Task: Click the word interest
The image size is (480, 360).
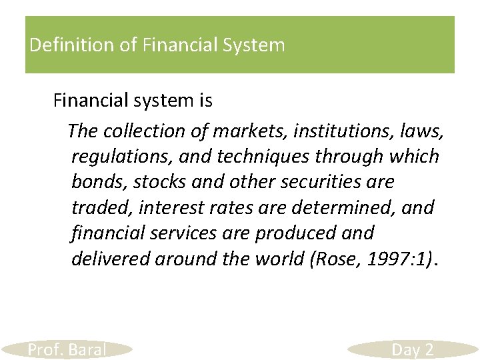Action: pos(175,207)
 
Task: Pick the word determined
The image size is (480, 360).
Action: pos(340,207)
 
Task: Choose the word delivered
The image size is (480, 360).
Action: pos(110,258)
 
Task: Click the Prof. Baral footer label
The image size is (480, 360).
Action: pos(67,349)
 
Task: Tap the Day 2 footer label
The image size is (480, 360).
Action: pos(413,349)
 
